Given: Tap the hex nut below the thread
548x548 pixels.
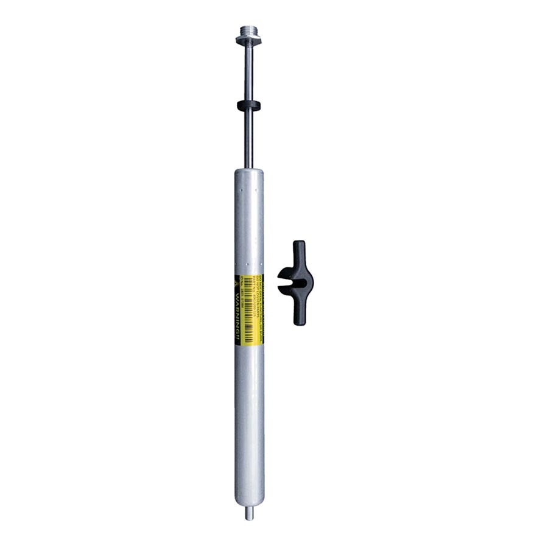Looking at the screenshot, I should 248,41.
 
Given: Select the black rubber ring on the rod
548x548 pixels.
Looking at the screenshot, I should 248,105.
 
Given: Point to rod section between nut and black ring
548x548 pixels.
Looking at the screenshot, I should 248,73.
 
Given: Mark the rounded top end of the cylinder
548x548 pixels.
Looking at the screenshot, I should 249,174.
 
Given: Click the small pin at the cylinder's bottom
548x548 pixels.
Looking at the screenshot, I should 249,514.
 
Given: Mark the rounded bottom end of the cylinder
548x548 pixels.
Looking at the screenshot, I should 249,502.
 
